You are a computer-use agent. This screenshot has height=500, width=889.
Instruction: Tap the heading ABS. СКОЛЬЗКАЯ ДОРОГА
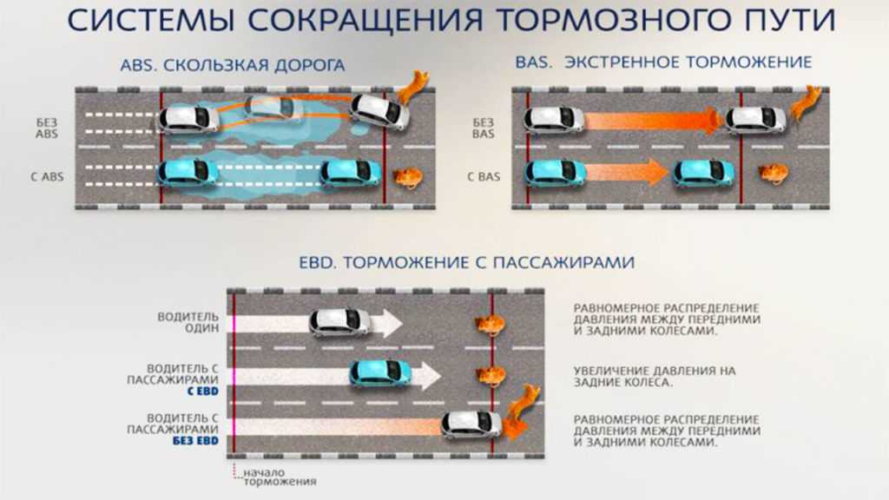click(233, 65)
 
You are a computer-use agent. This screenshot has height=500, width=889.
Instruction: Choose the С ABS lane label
click(46, 178)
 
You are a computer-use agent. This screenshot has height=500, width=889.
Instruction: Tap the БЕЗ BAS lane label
click(484, 128)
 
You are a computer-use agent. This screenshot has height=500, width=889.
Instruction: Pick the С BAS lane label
click(484, 177)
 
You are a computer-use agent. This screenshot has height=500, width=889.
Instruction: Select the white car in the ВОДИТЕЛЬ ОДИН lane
click(340, 323)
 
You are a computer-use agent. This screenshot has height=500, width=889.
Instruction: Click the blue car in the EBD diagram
click(380, 373)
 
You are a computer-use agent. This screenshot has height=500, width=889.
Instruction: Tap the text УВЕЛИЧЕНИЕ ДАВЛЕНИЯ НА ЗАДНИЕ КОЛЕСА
click(654, 376)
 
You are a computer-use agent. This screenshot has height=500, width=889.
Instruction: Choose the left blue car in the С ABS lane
click(188, 172)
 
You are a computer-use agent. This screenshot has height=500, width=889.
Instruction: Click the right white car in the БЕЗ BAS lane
click(755, 119)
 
